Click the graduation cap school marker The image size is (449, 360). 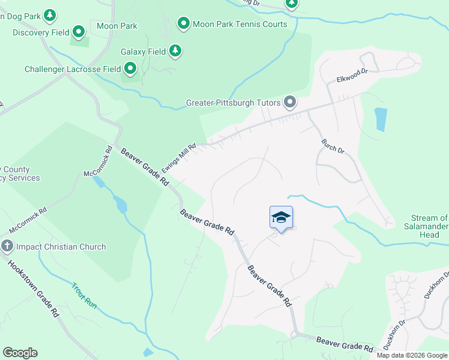[281, 217]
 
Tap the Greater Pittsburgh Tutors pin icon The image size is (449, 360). [290, 102]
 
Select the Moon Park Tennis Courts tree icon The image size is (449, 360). [183, 24]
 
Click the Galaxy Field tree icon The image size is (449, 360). [175, 52]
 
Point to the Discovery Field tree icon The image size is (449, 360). [79, 31]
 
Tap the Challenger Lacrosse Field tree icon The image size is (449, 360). [130, 69]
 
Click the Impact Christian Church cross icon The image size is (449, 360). [7, 246]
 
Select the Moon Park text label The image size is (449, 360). [116, 26]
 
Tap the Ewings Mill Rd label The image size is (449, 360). [178, 158]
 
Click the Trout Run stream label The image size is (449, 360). [85, 295]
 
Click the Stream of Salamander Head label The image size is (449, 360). [429, 226]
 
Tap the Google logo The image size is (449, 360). [20, 353]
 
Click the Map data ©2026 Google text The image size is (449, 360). [412, 355]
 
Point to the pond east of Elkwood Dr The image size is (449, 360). [381, 119]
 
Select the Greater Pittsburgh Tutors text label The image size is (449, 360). [234, 103]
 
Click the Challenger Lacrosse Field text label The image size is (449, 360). [73, 69]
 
